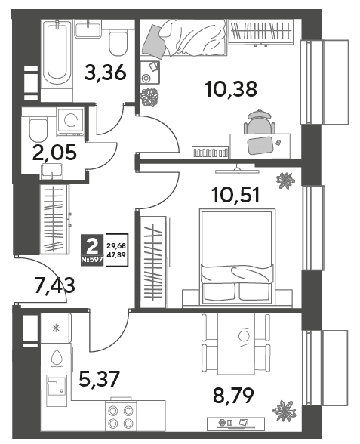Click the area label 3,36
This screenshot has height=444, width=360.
tap(106, 73)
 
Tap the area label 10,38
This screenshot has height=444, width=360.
tap(232, 89)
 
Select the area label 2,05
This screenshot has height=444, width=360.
tap(54, 153)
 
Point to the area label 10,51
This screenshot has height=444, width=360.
tap(236, 196)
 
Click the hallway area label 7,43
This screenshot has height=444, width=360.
tap(54, 285)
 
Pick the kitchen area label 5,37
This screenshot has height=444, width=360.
tap(100, 379)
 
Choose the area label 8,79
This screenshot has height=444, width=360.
tap(233, 396)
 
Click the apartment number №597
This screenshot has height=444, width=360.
tap(92, 261)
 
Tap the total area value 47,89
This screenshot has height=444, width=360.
tap(116, 254)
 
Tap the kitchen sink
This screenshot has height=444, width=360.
tap(57, 385)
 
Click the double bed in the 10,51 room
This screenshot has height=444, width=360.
tap(237, 257)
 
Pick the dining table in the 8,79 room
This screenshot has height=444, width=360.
tap(235, 343)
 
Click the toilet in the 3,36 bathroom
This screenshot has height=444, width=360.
tap(118, 43)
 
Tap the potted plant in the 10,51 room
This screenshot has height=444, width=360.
tap(285, 180)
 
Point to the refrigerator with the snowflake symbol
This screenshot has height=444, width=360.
tap(55, 328)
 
